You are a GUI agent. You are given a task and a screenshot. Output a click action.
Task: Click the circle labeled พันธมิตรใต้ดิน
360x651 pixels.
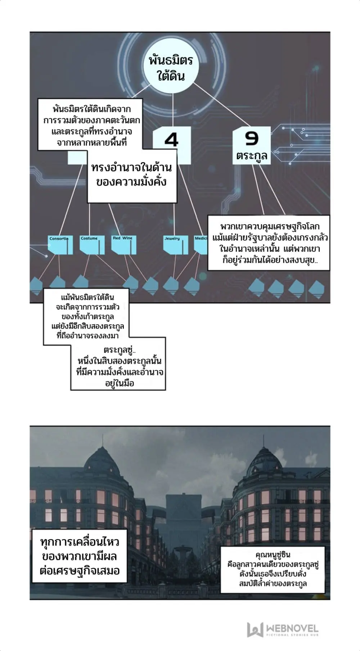coord(171,68)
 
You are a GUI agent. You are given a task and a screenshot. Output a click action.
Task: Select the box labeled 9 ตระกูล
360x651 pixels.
coord(252,145)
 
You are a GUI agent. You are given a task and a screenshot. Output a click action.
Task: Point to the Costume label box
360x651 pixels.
coord(91,245)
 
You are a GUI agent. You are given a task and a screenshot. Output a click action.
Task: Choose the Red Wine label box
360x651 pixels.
coord(123,245)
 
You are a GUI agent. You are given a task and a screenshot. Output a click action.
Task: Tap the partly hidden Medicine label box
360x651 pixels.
coord(201,245)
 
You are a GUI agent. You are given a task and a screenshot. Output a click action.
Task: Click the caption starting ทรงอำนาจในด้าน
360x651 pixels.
coord(132,176)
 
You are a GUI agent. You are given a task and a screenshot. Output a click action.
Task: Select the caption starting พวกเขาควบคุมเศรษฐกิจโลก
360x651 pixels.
coord(269,243)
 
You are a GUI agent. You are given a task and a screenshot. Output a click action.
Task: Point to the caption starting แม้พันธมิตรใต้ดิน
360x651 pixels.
coord(86,316)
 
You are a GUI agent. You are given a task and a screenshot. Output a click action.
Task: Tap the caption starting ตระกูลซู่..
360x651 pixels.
coord(119,366)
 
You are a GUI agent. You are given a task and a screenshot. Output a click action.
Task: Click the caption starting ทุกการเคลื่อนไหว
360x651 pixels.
coord(80,556)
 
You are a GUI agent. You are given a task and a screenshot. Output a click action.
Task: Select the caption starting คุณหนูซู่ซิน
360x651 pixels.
coord(273,569)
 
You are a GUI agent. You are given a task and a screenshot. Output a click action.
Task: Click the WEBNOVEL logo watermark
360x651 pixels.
coord(283,629)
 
